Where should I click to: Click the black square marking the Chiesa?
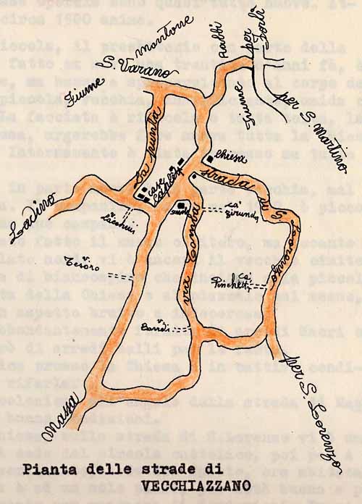point(210,158)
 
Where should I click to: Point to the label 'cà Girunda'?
point(243,210)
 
